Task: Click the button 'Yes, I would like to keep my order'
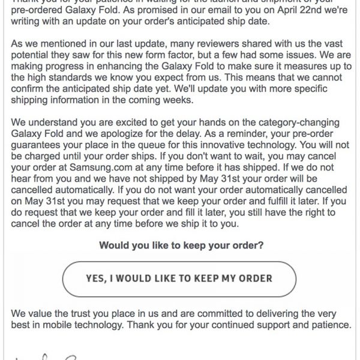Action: point(179,278)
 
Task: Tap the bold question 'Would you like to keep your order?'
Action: point(179,245)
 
